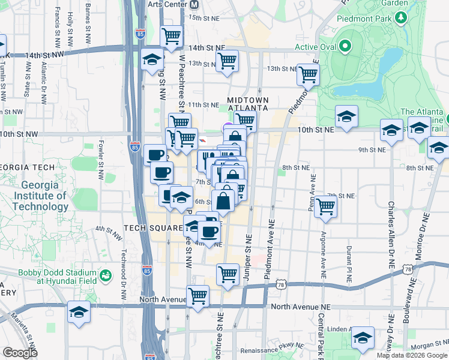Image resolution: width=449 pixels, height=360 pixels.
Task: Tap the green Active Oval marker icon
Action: coord(345,46)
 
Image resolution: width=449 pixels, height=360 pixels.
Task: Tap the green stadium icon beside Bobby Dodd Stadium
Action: coord(106,275)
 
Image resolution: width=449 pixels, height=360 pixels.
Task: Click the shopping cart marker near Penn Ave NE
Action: coord(326,206)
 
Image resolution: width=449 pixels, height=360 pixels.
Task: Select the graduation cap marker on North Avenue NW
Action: coord(78,313)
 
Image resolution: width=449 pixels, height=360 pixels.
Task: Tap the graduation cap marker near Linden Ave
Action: coord(363,338)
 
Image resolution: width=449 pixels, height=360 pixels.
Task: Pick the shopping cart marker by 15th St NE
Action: coord(172,36)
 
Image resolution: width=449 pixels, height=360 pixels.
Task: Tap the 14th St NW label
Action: coord(44,55)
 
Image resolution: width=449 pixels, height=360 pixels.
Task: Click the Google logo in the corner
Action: coord(20,353)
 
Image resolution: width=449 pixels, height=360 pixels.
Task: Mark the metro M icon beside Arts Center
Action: coord(194,4)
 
